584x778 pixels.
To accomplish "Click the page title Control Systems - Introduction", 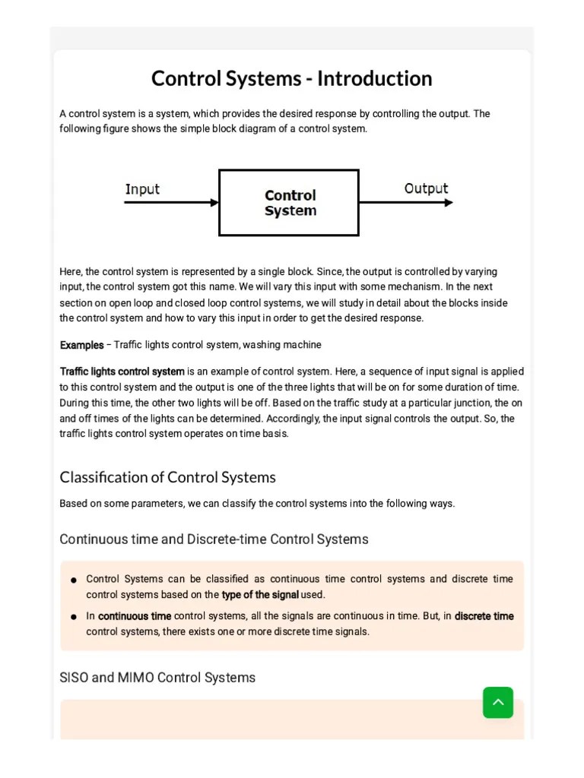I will coord(291,79).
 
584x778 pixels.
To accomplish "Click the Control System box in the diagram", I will coord(289,203).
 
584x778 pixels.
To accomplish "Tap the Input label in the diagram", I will coord(142,189).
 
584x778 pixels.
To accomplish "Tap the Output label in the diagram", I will coord(426,188).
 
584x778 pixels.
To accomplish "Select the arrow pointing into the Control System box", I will coord(172,203).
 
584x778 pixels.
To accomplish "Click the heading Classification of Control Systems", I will coord(167,477).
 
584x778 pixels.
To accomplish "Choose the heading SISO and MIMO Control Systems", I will coord(157,677).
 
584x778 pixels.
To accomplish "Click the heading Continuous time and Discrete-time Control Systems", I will coord(214,539).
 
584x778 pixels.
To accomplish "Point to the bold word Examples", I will coord(81,345).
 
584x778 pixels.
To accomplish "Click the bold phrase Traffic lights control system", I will coord(122,372).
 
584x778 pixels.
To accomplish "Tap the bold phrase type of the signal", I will coord(260,594).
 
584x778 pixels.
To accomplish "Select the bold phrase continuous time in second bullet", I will coord(135,616).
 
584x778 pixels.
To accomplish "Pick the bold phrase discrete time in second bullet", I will coord(484,616).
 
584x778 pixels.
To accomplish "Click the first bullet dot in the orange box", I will coord(74,580).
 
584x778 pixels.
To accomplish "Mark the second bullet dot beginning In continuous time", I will coord(74,617).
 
